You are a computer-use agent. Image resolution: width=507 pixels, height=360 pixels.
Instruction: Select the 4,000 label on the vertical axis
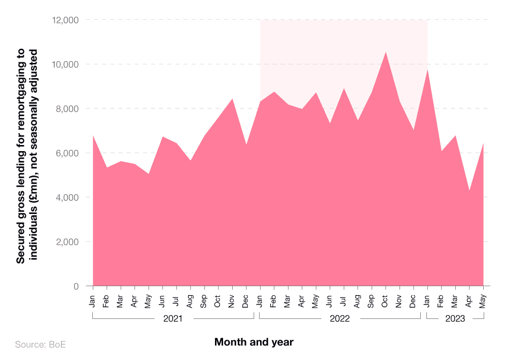(x=66, y=197)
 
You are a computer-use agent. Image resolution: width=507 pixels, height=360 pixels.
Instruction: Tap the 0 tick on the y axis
(x=76, y=286)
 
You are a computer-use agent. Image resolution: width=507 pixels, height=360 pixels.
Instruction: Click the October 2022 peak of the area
(x=385, y=52)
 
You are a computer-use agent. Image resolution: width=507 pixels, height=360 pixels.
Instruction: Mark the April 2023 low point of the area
(x=469, y=191)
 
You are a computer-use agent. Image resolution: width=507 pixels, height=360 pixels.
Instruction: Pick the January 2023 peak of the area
(x=427, y=69)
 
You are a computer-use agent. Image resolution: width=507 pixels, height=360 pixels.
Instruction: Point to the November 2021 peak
(x=232, y=98)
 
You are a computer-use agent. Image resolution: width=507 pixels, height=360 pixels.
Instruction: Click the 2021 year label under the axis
(x=173, y=319)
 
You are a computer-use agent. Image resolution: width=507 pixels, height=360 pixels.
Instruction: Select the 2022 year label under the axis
(x=340, y=319)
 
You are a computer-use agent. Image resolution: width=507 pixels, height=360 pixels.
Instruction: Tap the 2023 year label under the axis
(x=455, y=319)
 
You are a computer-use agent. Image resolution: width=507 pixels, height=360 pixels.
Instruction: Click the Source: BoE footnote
(x=41, y=345)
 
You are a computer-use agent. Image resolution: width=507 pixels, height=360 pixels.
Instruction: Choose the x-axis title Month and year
(x=253, y=342)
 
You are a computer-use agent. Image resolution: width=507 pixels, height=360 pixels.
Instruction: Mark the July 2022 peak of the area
(x=344, y=88)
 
